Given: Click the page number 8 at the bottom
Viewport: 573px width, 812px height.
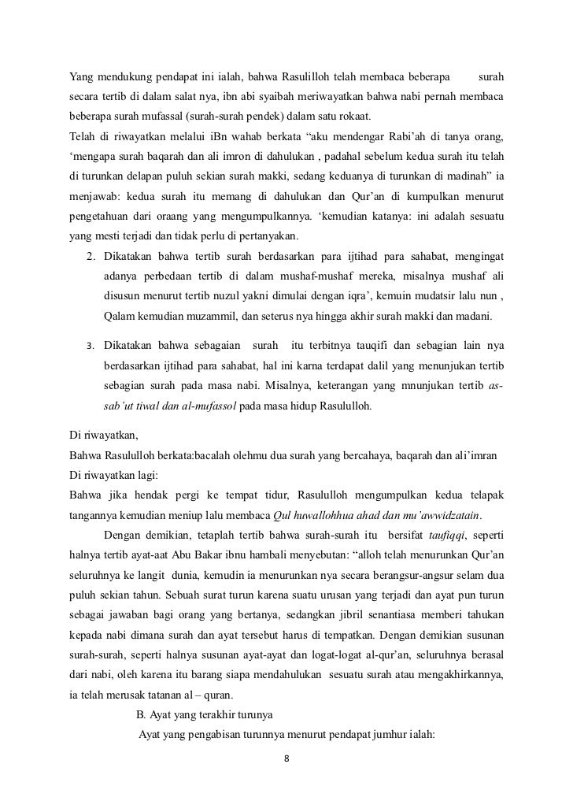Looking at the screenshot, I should pyautogui.click(x=286, y=760).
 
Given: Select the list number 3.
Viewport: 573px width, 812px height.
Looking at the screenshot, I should pyautogui.click(x=90, y=346).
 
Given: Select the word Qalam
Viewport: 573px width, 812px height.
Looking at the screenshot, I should pyautogui.click(x=118, y=317).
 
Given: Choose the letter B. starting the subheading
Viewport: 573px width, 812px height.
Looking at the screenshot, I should pyautogui.click(x=142, y=715).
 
